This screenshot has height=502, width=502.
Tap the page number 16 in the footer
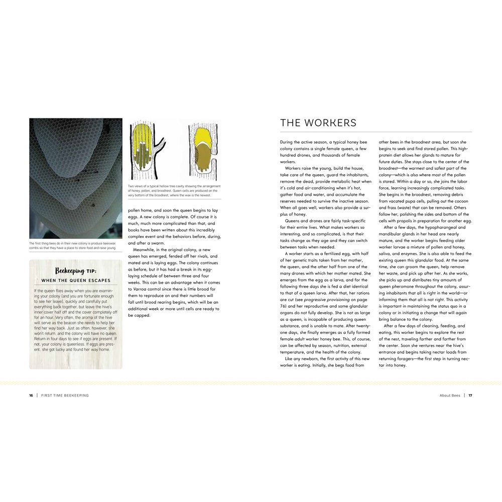coord(31,395)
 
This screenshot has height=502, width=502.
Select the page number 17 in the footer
coord(470,395)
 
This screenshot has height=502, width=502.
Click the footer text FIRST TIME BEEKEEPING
coord(65,395)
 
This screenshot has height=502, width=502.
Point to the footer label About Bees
coord(449,395)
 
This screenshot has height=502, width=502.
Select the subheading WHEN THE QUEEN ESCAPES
coord(76,280)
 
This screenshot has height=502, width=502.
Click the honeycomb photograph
coord(75,178)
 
